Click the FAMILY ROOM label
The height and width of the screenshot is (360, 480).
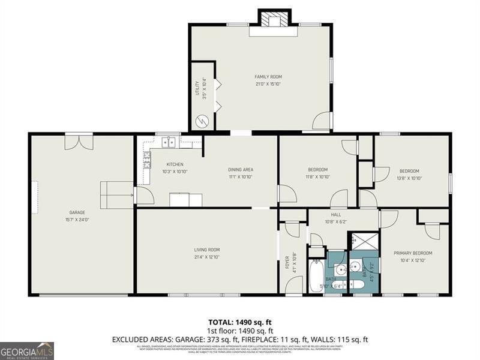268,77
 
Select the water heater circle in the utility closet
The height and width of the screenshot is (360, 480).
202,121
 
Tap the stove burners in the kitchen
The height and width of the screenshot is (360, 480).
146,159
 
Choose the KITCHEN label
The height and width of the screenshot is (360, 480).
175,164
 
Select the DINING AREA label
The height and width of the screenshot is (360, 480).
240,169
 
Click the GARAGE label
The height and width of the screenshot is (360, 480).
77,212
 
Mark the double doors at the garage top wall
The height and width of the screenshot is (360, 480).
79,142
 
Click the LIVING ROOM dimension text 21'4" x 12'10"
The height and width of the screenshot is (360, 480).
207,257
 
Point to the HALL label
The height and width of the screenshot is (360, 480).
336,214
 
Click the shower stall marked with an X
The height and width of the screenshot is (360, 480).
364,241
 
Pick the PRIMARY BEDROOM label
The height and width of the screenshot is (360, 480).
413,253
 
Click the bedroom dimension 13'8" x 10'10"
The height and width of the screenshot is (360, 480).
410,178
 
